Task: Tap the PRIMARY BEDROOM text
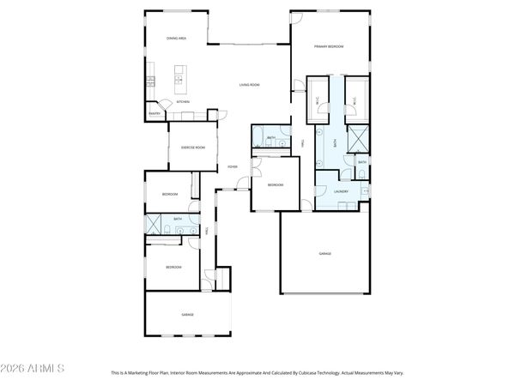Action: (x=328, y=46)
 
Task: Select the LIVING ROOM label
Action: (x=249, y=85)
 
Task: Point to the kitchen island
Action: (x=181, y=79)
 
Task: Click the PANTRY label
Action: (x=155, y=113)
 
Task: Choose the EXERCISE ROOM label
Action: (x=192, y=148)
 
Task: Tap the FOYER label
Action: (x=232, y=166)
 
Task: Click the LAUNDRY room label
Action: (x=341, y=192)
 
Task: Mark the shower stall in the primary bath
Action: (x=356, y=137)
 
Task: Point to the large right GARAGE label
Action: (x=325, y=254)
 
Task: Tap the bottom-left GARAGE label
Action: (x=186, y=315)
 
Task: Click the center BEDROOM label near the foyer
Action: (x=275, y=185)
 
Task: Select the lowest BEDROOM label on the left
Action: (x=173, y=268)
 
